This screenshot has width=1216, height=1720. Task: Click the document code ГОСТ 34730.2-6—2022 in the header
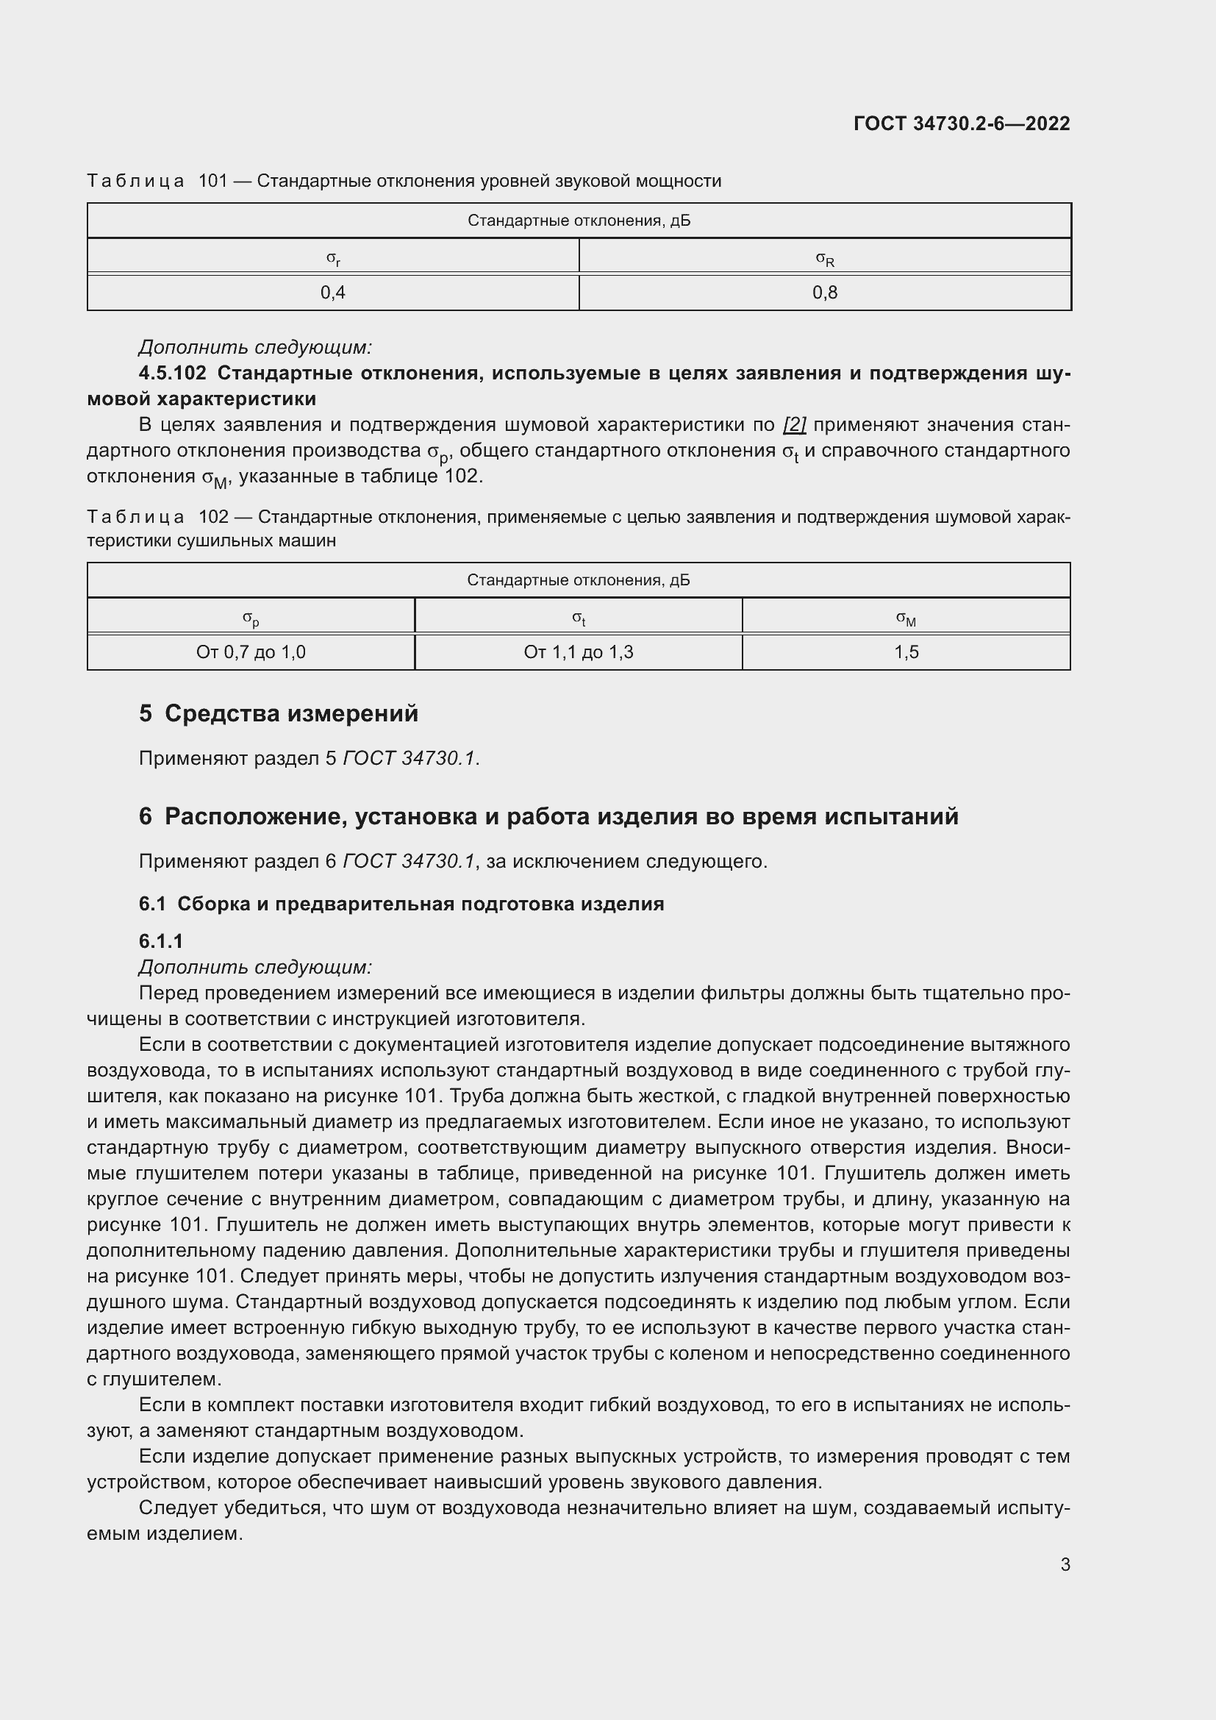tap(962, 124)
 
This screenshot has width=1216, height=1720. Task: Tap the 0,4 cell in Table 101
tap(333, 293)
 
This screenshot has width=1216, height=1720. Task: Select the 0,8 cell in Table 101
tap(824, 293)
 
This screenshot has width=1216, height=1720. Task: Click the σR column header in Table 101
tap(824, 258)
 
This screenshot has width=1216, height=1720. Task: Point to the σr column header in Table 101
tap(333, 258)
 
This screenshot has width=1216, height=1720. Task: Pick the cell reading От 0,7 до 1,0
tap(251, 652)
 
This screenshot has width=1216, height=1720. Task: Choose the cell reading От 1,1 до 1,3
tap(578, 652)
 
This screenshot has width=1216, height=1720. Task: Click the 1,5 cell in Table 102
tap(906, 652)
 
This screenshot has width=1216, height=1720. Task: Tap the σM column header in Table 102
tap(906, 618)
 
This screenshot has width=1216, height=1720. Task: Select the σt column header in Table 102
tap(578, 618)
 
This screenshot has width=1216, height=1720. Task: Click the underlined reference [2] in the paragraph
tap(794, 425)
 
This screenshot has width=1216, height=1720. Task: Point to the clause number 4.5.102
tap(173, 373)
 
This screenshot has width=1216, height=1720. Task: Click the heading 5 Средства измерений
tap(279, 713)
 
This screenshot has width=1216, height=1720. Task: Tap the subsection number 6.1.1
tap(161, 941)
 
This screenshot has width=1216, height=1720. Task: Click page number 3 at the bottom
tap(1065, 1564)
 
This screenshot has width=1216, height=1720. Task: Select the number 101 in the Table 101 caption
tap(212, 182)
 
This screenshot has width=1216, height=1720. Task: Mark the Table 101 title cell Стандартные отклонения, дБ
tap(579, 221)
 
